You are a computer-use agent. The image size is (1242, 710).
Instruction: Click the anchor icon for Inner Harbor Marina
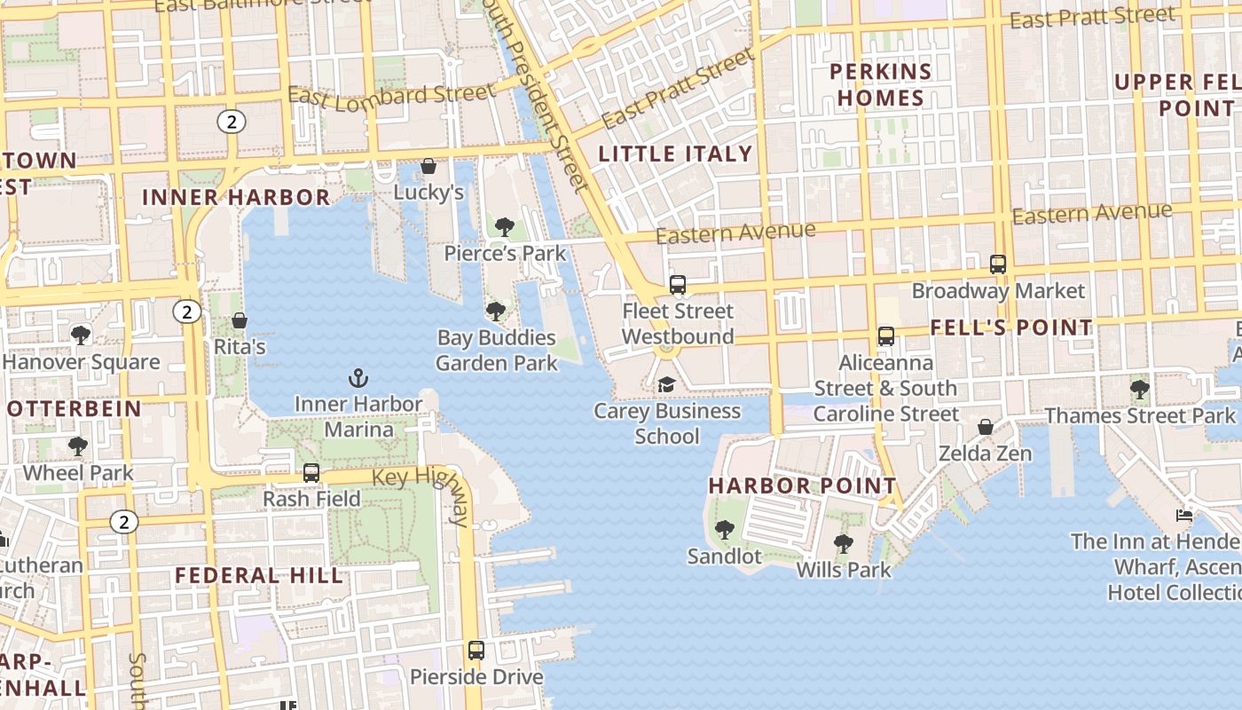click(358, 379)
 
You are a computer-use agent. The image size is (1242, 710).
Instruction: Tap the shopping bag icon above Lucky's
click(428, 167)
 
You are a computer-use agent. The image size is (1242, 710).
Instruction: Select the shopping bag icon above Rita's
click(239, 320)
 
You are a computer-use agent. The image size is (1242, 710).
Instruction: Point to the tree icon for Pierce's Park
click(505, 227)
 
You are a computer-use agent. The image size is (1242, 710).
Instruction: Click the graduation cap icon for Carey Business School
click(665, 385)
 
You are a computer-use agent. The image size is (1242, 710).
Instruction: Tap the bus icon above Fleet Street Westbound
click(678, 285)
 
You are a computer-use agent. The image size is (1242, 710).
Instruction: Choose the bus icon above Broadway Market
click(998, 264)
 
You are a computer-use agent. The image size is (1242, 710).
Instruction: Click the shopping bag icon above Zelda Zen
click(985, 428)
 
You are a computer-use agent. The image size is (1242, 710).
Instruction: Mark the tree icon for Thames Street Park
click(1140, 389)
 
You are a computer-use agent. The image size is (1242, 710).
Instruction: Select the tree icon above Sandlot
click(725, 530)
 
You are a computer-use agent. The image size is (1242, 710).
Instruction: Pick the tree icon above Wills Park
click(843, 543)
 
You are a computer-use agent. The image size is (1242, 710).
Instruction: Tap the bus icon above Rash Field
click(311, 473)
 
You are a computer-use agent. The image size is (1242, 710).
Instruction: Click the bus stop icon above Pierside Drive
click(476, 651)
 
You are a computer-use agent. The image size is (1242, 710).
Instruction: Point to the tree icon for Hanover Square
click(81, 335)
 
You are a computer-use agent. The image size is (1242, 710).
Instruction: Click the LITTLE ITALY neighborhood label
click(675, 154)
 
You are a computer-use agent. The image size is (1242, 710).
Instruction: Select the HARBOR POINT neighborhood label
click(803, 486)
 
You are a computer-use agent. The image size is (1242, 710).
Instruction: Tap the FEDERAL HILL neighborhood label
click(259, 575)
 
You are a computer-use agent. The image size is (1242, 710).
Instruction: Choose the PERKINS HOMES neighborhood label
click(880, 84)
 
